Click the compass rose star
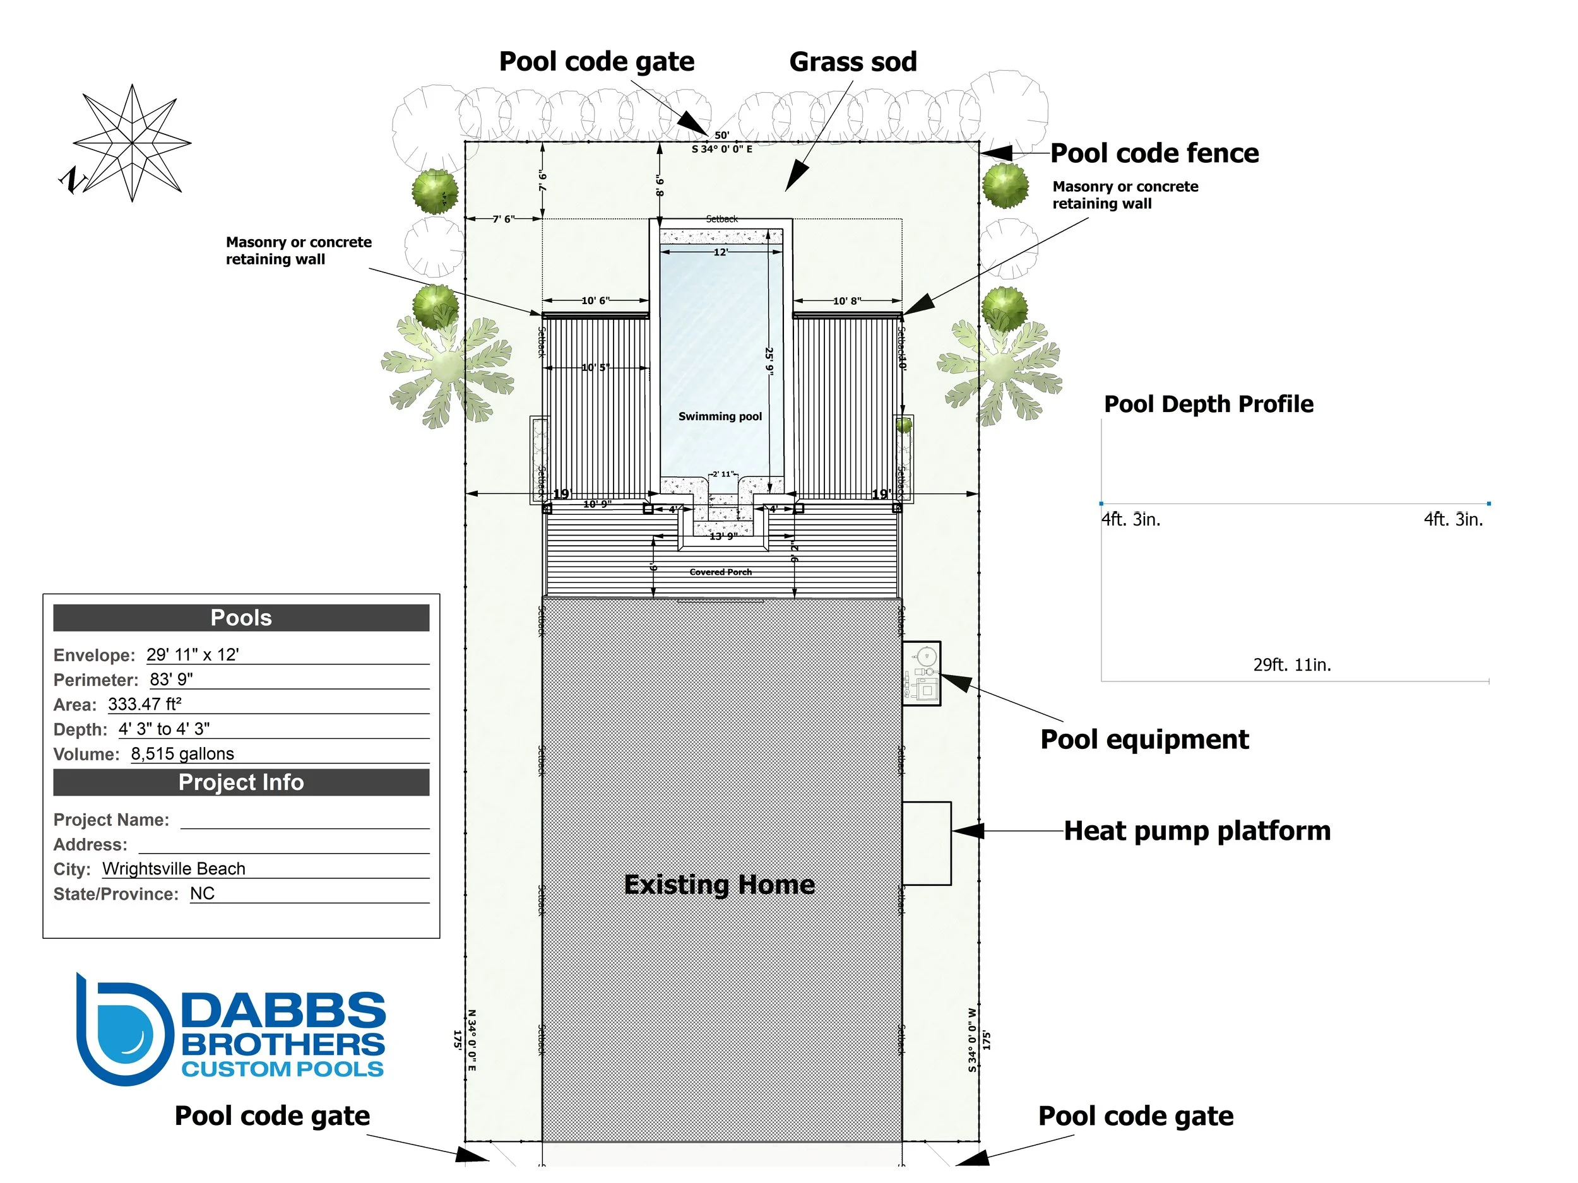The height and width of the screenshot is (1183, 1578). (132, 143)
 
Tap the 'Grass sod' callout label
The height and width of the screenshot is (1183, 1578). (853, 62)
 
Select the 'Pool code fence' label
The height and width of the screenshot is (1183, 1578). (1154, 153)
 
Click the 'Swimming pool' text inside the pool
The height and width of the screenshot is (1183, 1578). (720, 416)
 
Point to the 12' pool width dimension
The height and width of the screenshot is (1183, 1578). (721, 252)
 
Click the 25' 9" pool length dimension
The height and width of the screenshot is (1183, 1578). (769, 360)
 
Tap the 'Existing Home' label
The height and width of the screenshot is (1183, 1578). (719, 884)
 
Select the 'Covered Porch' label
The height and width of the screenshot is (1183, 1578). (721, 572)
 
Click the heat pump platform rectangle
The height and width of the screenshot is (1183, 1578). (926, 843)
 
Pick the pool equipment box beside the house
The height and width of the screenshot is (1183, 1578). (922, 673)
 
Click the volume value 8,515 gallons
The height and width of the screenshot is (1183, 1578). (182, 754)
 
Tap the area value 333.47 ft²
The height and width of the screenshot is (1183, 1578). (145, 705)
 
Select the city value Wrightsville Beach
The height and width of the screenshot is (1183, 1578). (174, 869)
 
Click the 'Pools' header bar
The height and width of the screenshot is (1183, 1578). (241, 618)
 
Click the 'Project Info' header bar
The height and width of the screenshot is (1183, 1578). (241, 782)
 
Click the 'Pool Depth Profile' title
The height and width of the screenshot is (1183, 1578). (1209, 404)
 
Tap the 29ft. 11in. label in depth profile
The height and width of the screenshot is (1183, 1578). (1292, 664)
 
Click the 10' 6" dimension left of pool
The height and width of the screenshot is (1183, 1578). (595, 301)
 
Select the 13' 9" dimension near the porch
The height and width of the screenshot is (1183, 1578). (723, 536)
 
